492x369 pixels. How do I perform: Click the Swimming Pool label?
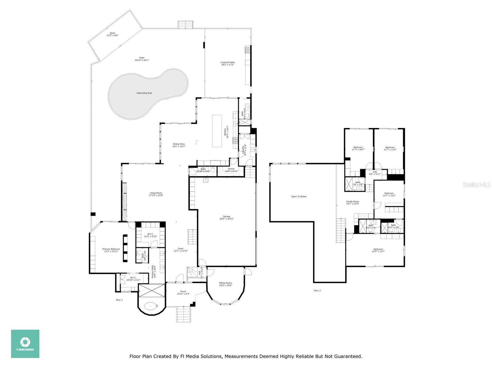144,93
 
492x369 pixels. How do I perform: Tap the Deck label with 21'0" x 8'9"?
112,34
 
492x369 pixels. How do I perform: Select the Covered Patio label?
228,63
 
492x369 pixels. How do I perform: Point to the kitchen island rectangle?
217,131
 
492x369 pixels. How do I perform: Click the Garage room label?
226,217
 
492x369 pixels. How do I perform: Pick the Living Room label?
156,194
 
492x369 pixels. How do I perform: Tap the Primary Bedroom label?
111,250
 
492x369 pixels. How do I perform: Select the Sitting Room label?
225,284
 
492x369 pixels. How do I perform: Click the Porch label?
183,293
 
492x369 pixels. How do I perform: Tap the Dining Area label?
179,145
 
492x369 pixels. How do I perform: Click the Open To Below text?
299,196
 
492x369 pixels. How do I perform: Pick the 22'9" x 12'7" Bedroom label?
378,250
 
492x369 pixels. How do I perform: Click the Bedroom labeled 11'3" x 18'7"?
358,148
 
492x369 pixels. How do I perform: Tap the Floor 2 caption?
317,290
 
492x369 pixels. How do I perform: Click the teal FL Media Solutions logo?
25,343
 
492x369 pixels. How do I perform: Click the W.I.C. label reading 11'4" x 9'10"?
150,235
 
